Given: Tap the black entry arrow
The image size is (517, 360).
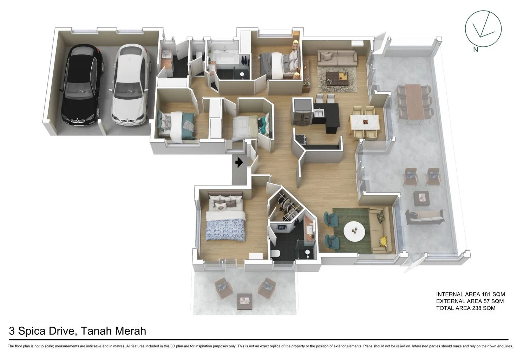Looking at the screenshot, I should (x=239, y=162).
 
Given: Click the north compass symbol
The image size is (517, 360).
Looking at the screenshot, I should (x=483, y=28).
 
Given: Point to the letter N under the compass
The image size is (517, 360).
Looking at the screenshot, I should (x=476, y=50).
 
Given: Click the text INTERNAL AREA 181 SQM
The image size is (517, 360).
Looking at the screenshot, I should (x=470, y=294).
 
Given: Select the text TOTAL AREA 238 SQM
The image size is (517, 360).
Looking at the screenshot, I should (x=466, y=308).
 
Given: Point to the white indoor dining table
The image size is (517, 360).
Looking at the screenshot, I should (x=365, y=122).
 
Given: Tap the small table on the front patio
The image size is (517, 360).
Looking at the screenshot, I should (x=244, y=300).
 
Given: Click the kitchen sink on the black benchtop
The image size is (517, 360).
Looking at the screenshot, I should (x=319, y=113).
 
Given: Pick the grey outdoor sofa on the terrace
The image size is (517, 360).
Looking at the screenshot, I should (x=424, y=216).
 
